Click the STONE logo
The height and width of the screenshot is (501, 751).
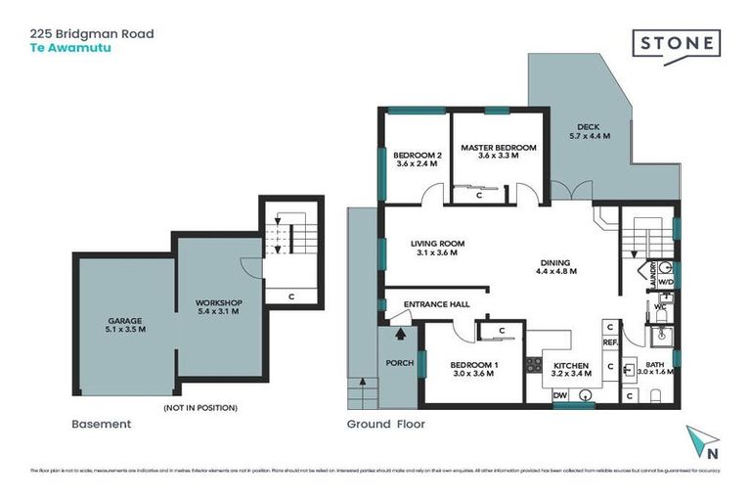(676, 43)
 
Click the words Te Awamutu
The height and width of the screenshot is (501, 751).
(63, 46)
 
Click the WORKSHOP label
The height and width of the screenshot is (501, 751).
(217, 302)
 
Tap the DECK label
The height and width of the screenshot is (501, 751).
(589, 127)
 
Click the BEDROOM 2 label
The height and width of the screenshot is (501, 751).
(418, 156)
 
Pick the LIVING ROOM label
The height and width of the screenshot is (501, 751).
(436, 244)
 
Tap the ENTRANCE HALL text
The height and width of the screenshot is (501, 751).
(436, 304)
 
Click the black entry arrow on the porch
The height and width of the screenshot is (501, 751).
(399, 335)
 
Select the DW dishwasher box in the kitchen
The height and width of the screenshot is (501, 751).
(560, 395)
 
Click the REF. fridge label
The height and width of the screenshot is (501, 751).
(608, 342)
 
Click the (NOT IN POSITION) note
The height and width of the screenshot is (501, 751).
(199, 407)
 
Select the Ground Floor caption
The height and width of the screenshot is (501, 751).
(385, 425)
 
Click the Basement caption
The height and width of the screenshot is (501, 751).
(101, 425)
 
